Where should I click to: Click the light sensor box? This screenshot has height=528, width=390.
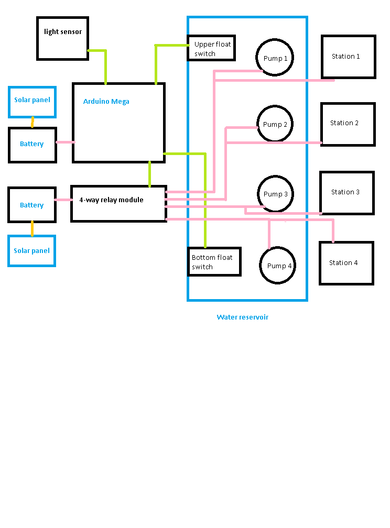(63, 38)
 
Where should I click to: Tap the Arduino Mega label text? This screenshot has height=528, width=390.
(106, 102)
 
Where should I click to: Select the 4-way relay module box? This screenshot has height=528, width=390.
(119, 204)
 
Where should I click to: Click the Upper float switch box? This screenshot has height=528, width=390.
(211, 48)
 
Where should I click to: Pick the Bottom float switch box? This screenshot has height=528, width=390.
(214, 262)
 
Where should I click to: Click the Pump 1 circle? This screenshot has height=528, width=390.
(275, 58)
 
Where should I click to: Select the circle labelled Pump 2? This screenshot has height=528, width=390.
(275, 124)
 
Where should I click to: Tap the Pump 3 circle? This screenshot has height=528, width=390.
(275, 194)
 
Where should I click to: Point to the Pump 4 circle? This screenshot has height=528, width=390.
(278, 266)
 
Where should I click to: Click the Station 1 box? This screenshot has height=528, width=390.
(349, 57)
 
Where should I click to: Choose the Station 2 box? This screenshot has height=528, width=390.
(348, 124)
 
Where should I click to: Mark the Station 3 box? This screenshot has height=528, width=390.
(347, 193)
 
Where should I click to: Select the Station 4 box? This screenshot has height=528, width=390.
(346, 263)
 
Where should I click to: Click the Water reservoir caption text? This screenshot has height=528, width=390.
(242, 317)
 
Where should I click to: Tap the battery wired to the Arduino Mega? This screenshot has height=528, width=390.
(32, 145)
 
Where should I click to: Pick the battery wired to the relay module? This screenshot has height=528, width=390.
(32, 205)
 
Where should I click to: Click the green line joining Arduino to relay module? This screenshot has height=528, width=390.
(150, 174)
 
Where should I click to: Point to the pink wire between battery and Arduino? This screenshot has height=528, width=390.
(65, 142)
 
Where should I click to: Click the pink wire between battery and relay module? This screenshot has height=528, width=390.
(63, 200)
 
